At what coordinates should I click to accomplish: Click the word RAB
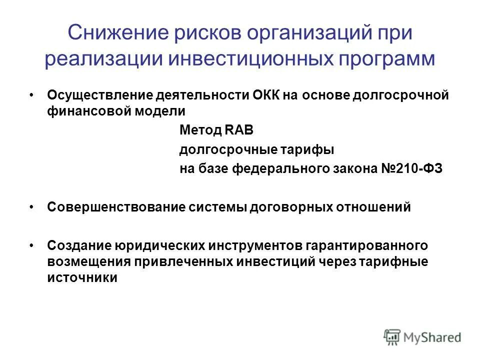coord(238,131)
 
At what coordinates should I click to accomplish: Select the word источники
coord(82,278)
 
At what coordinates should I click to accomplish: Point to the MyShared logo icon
coord(392,337)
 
